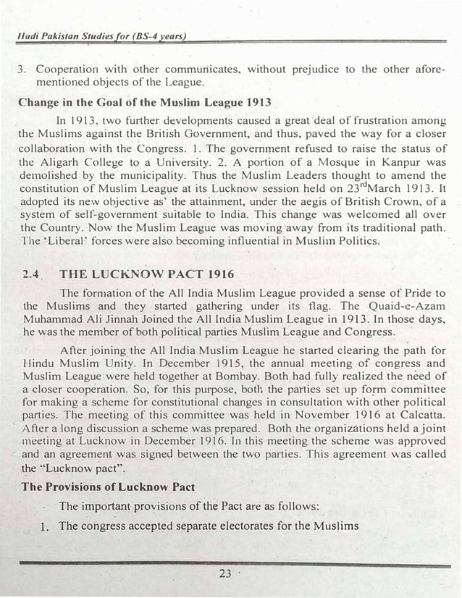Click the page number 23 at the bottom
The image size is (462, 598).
click(224, 574)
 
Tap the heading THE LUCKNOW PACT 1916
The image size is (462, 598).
click(137, 275)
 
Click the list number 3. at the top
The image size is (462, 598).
click(23, 70)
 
